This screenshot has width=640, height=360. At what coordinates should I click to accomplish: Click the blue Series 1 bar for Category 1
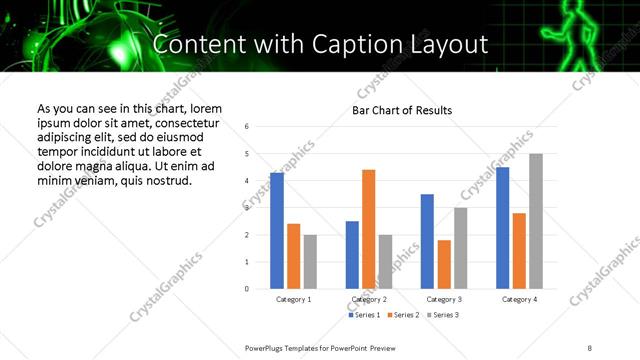pos(277,231)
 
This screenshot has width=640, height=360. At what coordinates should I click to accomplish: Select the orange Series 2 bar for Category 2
pos(369,229)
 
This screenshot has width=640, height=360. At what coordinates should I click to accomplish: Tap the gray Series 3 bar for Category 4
pos(536,221)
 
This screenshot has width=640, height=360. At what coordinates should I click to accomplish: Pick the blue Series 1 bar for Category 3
pos(427,241)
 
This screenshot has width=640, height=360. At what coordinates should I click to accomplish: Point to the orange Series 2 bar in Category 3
pos(444,264)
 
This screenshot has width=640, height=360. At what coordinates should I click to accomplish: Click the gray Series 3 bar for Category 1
pos(310,262)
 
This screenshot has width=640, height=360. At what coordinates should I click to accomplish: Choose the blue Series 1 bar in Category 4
pos(503,228)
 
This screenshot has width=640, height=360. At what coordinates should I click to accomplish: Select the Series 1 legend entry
pos(364,315)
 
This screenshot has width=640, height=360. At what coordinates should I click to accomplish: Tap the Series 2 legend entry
pos(403,315)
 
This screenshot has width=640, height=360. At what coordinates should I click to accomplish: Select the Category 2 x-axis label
pos(369,299)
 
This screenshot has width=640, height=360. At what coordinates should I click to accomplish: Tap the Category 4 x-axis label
pos(519,299)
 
